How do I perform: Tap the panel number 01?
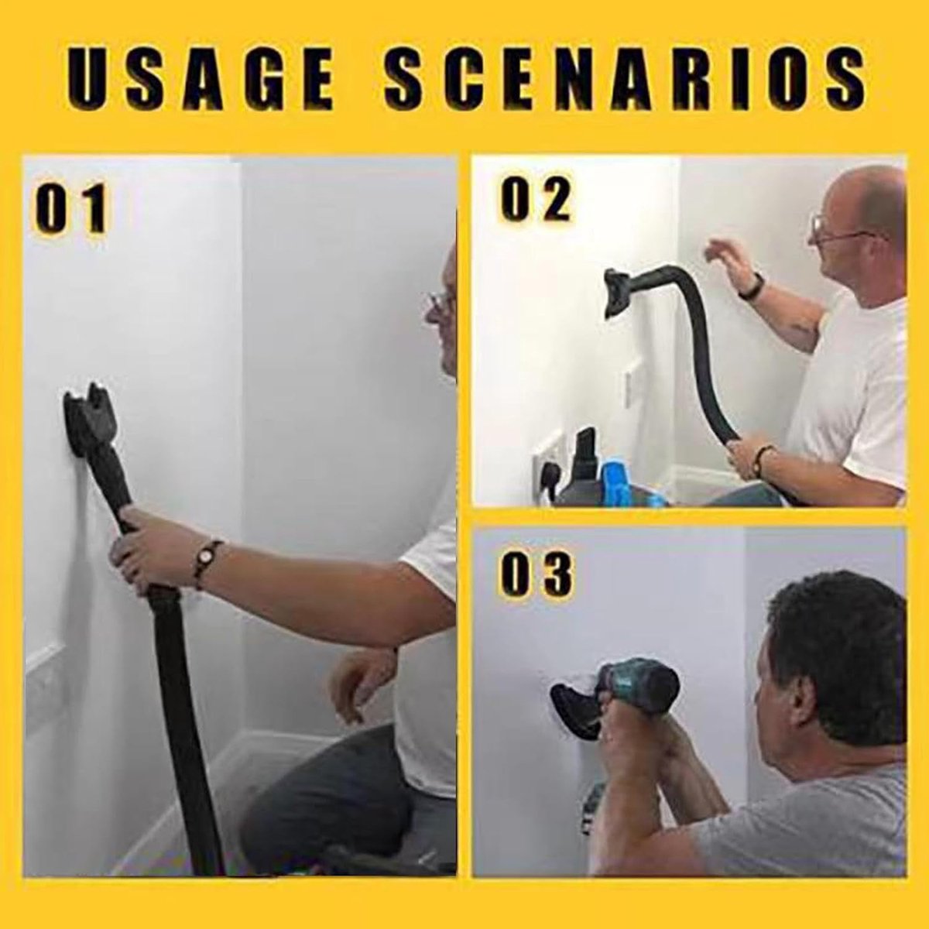(70, 208)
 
